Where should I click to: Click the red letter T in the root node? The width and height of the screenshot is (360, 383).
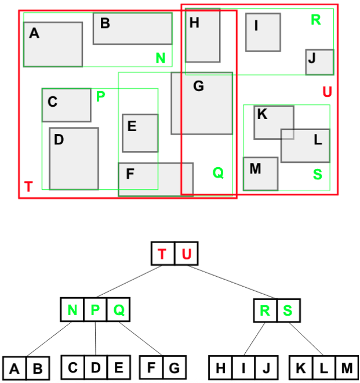pyautogui.click(x=162, y=254)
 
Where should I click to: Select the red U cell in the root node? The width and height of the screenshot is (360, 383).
pyautogui.click(x=187, y=253)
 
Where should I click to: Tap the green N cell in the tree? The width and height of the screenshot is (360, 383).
pyautogui.click(x=72, y=309)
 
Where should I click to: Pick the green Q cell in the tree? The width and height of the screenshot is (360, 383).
pyautogui.click(x=118, y=309)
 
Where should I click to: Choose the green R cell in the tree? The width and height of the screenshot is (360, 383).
pyautogui.click(x=266, y=310)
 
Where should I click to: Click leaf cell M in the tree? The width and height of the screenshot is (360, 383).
pyautogui.click(x=347, y=367)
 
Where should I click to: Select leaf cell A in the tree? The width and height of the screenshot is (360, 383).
pyautogui.click(x=14, y=368)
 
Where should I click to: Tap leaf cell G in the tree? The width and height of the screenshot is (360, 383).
pyautogui.click(x=174, y=367)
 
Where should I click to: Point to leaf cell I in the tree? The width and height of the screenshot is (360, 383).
pyautogui.click(x=243, y=367)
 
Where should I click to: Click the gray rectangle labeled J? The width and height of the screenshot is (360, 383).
pyautogui.click(x=320, y=62)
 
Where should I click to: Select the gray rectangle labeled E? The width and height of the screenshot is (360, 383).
pyautogui.click(x=140, y=133)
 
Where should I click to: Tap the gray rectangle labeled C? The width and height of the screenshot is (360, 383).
pyautogui.click(x=67, y=105)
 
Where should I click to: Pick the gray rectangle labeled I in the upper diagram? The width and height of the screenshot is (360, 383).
pyautogui.click(x=263, y=32)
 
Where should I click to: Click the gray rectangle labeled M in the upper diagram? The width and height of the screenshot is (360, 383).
pyautogui.click(x=261, y=174)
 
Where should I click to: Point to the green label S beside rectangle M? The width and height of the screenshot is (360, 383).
pyautogui.click(x=318, y=175)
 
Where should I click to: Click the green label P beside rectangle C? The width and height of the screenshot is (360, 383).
pyautogui.click(x=100, y=96)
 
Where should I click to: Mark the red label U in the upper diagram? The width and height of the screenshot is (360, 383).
pyautogui.click(x=328, y=92)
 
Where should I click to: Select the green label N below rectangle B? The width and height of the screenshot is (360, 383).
pyautogui.click(x=161, y=58)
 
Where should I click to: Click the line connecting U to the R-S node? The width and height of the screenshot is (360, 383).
pyautogui.click(x=231, y=282)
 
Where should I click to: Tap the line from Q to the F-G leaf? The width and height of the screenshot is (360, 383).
pyautogui.click(x=140, y=338)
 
